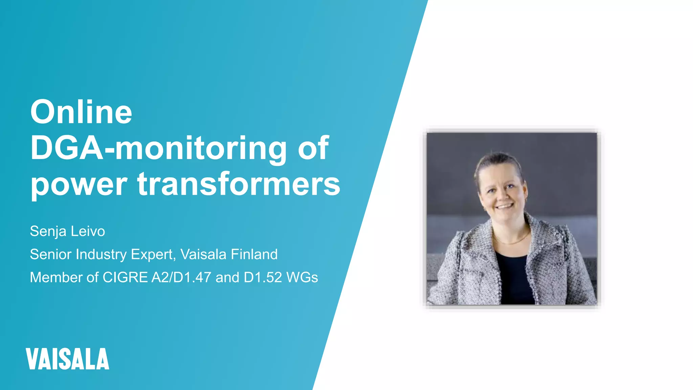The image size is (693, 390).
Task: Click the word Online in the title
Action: [x=81, y=112]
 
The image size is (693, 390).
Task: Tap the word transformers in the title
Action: [x=239, y=184]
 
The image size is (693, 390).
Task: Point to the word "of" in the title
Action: [x=313, y=148]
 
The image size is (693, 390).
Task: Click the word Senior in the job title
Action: [x=51, y=254]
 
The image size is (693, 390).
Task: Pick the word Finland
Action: [x=254, y=254]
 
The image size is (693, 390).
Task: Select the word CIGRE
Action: [x=125, y=277]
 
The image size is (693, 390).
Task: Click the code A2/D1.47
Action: [x=181, y=277]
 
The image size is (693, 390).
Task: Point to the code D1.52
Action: [x=263, y=277]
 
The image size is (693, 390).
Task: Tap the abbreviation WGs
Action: [x=302, y=277]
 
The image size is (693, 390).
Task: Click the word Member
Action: [x=56, y=277]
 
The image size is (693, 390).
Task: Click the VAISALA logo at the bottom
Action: [x=67, y=359]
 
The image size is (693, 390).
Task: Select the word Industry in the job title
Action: [x=102, y=255]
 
